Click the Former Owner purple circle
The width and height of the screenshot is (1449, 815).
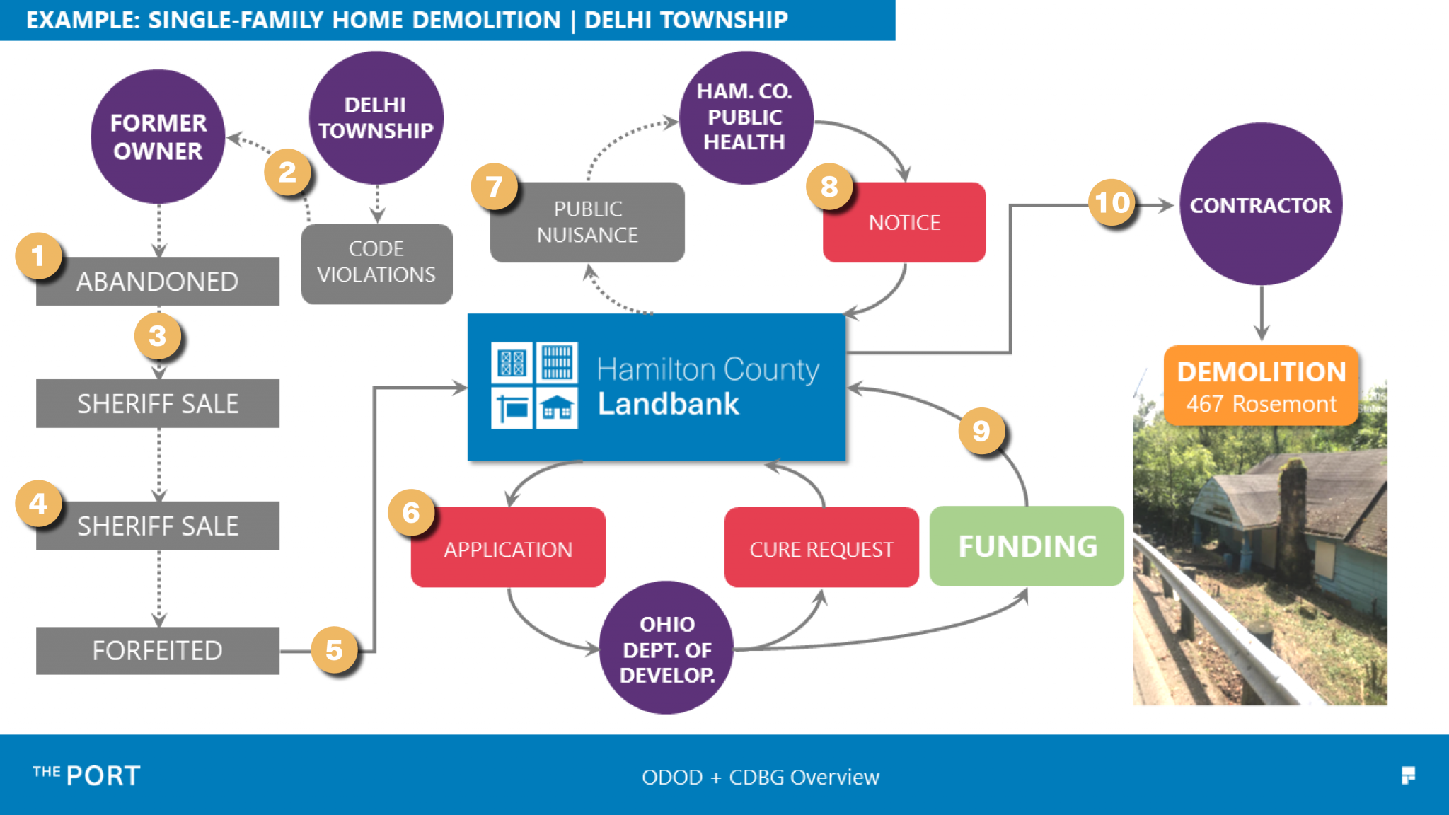coord(158,137)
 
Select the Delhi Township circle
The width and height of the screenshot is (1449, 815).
coord(376,117)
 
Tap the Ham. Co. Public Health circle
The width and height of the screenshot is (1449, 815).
coord(745,117)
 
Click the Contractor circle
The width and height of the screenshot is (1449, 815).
coord(1260,204)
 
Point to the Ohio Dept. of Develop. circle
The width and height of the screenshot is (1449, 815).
coord(666,648)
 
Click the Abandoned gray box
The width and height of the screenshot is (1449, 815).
coord(158,282)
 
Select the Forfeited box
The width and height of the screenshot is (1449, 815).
coord(158,650)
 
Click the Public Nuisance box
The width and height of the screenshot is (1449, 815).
coord(587,222)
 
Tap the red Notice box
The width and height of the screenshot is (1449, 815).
coord(904,222)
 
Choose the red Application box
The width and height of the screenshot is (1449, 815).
coord(508,548)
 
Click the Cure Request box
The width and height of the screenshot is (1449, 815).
coord(821,548)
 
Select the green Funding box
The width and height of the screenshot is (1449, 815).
coord(1027,546)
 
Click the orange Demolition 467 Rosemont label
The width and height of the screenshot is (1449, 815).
coord(1261,386)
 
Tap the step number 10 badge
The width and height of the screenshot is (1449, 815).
coord(1112,203)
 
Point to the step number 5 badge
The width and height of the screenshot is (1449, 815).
coord(334,650)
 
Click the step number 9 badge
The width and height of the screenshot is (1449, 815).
coord(981,430)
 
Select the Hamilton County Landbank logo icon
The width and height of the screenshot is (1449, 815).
coord(534,386)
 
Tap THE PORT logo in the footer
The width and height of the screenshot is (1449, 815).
coord(86,775)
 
